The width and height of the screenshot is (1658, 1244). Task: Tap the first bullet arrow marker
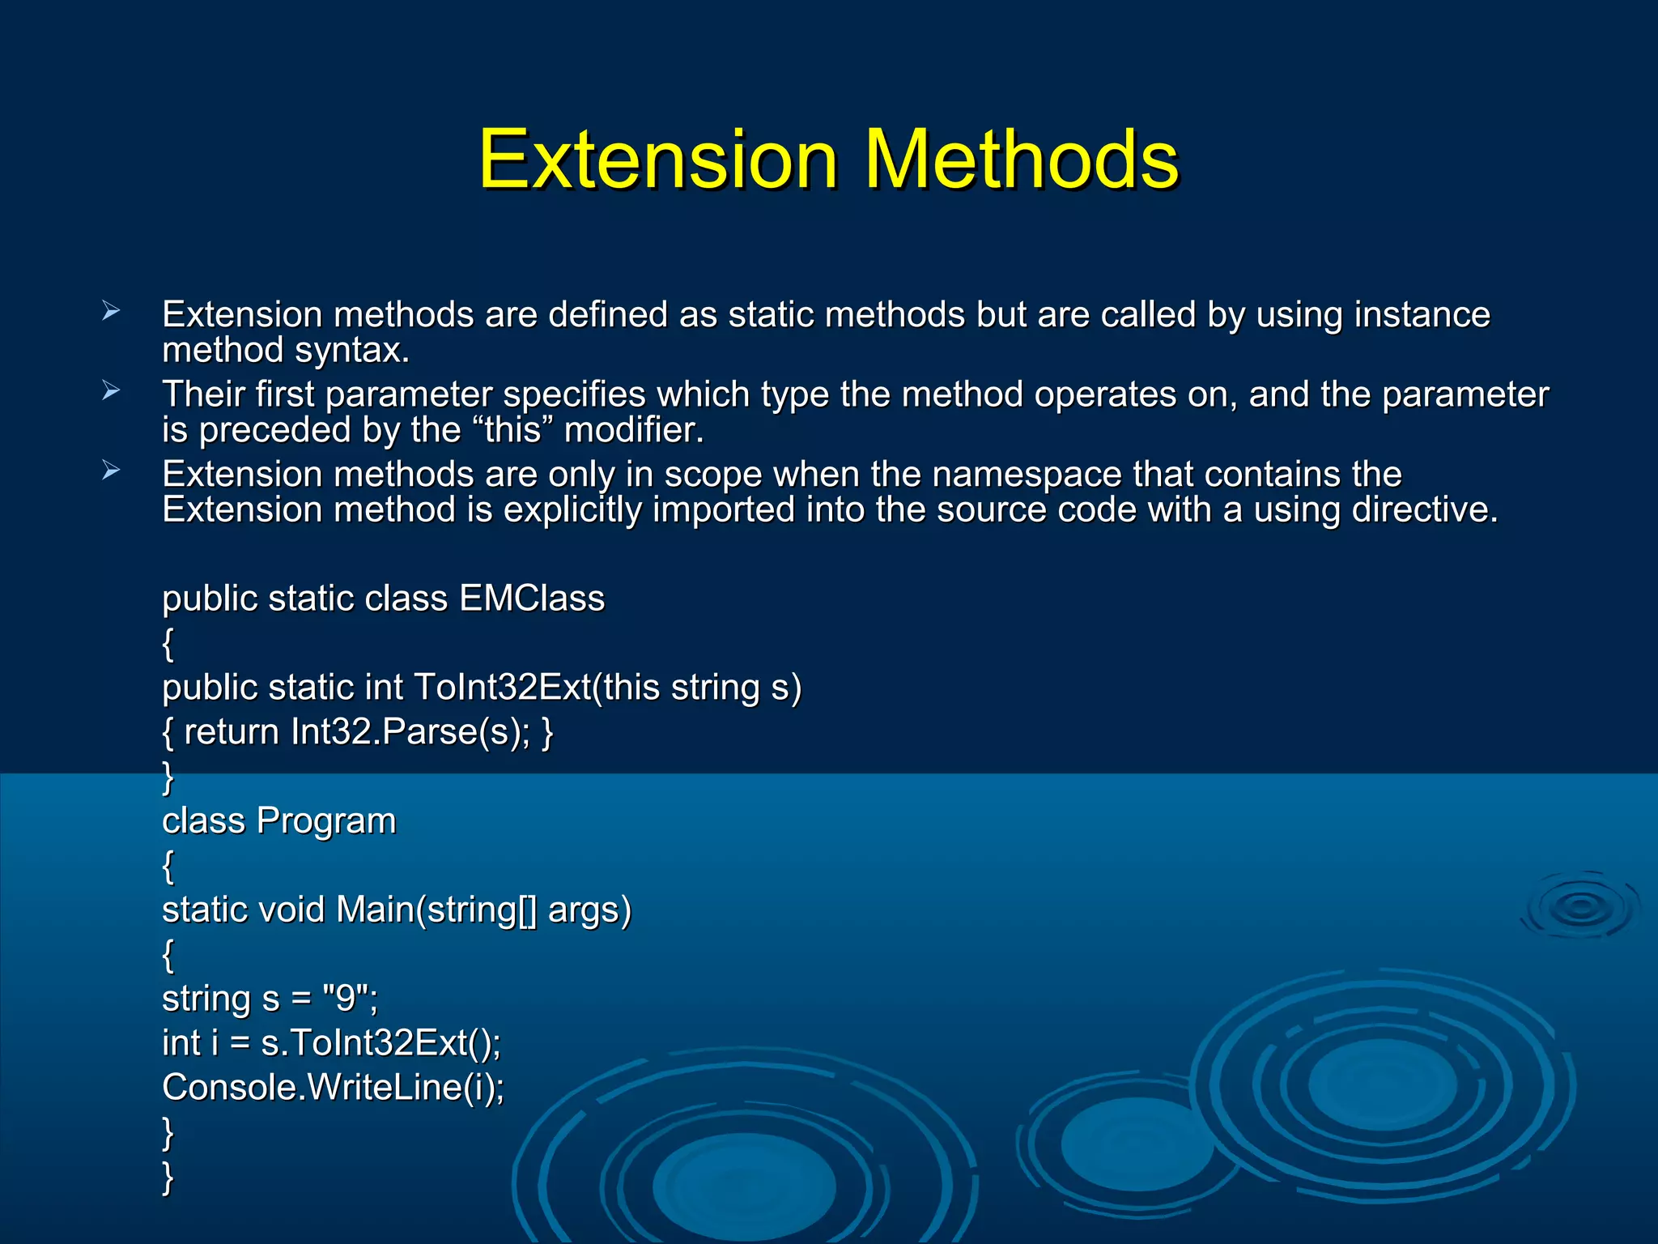click(111, 311)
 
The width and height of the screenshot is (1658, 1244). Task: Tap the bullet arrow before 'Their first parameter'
click(111, 391)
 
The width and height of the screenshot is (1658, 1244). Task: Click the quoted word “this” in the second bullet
click(512, 430)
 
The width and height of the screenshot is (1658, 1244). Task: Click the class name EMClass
click(532, 599)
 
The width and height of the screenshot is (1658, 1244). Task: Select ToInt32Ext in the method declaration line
click(502, 688)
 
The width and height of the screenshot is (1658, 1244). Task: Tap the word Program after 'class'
click(326, 821)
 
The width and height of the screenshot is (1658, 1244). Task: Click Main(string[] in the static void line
click(436, 910)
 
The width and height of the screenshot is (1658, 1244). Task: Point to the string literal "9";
click(349, 999)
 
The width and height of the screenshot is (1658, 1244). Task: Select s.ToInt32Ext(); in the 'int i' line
click(380, 1043)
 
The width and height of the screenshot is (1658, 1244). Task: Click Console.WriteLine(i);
click(333, 1088)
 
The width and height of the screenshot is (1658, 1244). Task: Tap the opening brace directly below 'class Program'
click(168, 866)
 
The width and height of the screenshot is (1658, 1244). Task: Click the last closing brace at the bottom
click(168, 1176)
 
